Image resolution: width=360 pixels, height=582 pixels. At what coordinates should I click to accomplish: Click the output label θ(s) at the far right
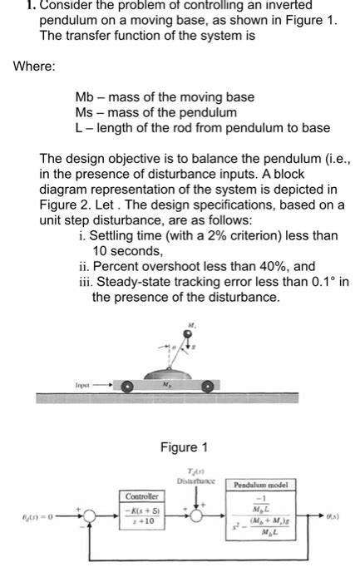[344, 515]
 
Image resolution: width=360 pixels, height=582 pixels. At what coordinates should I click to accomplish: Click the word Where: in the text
[34, 67]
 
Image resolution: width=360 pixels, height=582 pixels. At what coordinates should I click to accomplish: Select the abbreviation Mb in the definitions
[85, 97]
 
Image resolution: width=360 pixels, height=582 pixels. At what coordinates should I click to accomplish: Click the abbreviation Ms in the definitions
[85, 112]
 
